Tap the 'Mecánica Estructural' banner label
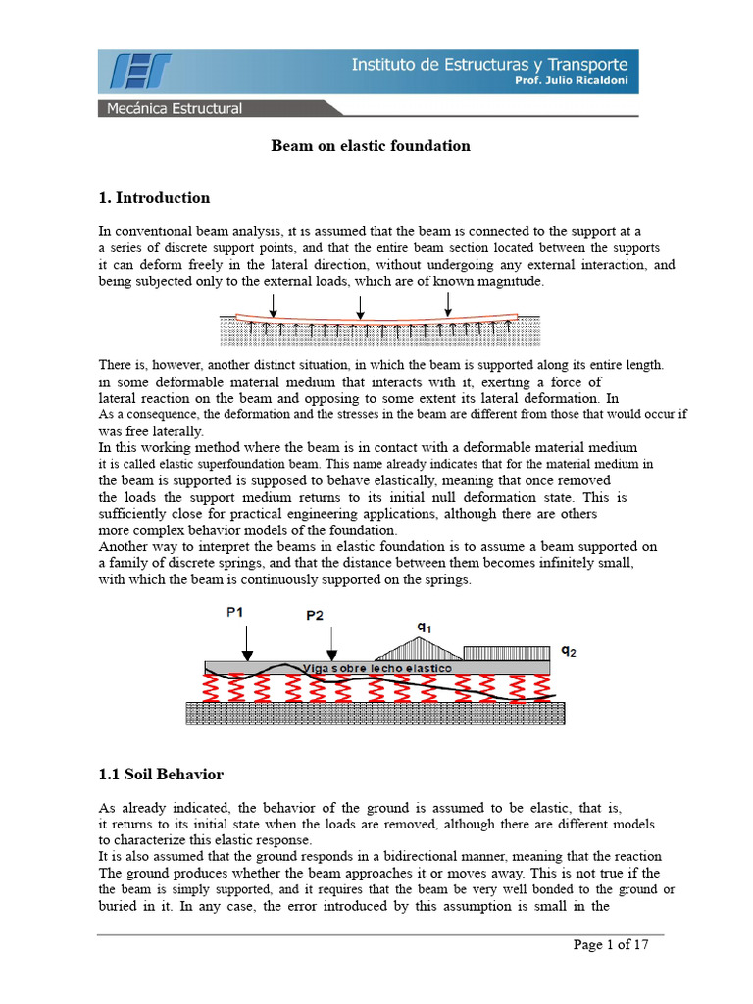tap(175, 108)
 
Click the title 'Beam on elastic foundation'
tap(371, 146)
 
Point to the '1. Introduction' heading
tap(155, 198)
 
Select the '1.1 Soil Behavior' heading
tap(162, 775)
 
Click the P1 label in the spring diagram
tap(236, 612)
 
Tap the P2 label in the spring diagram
tap(315, 616)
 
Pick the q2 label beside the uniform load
tap(569, 650)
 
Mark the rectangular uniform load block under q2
tap(506, 653)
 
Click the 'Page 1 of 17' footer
tap(611, 945)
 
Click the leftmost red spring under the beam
tap(209, 689)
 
